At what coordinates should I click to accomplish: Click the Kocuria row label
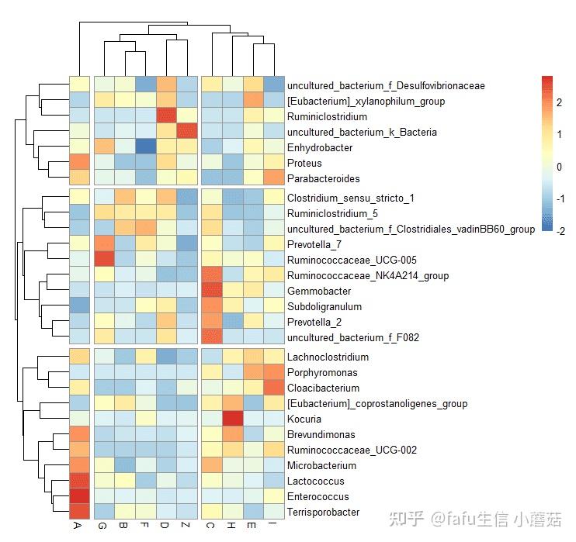tap(304, 419)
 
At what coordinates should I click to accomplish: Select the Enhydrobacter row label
tap(319, 147)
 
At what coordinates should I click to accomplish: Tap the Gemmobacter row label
tap(318, 292)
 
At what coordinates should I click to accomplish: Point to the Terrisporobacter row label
tap(323, 513)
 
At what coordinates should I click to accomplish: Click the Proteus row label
tap(304, 164)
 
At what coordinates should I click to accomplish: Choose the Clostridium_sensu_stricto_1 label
tap(350, 199)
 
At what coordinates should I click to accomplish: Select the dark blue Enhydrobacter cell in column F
tap(144, 147)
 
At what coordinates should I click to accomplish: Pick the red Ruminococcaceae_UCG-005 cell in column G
tap(104, 260)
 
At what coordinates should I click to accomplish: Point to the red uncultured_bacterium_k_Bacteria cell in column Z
tap(187, 131)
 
